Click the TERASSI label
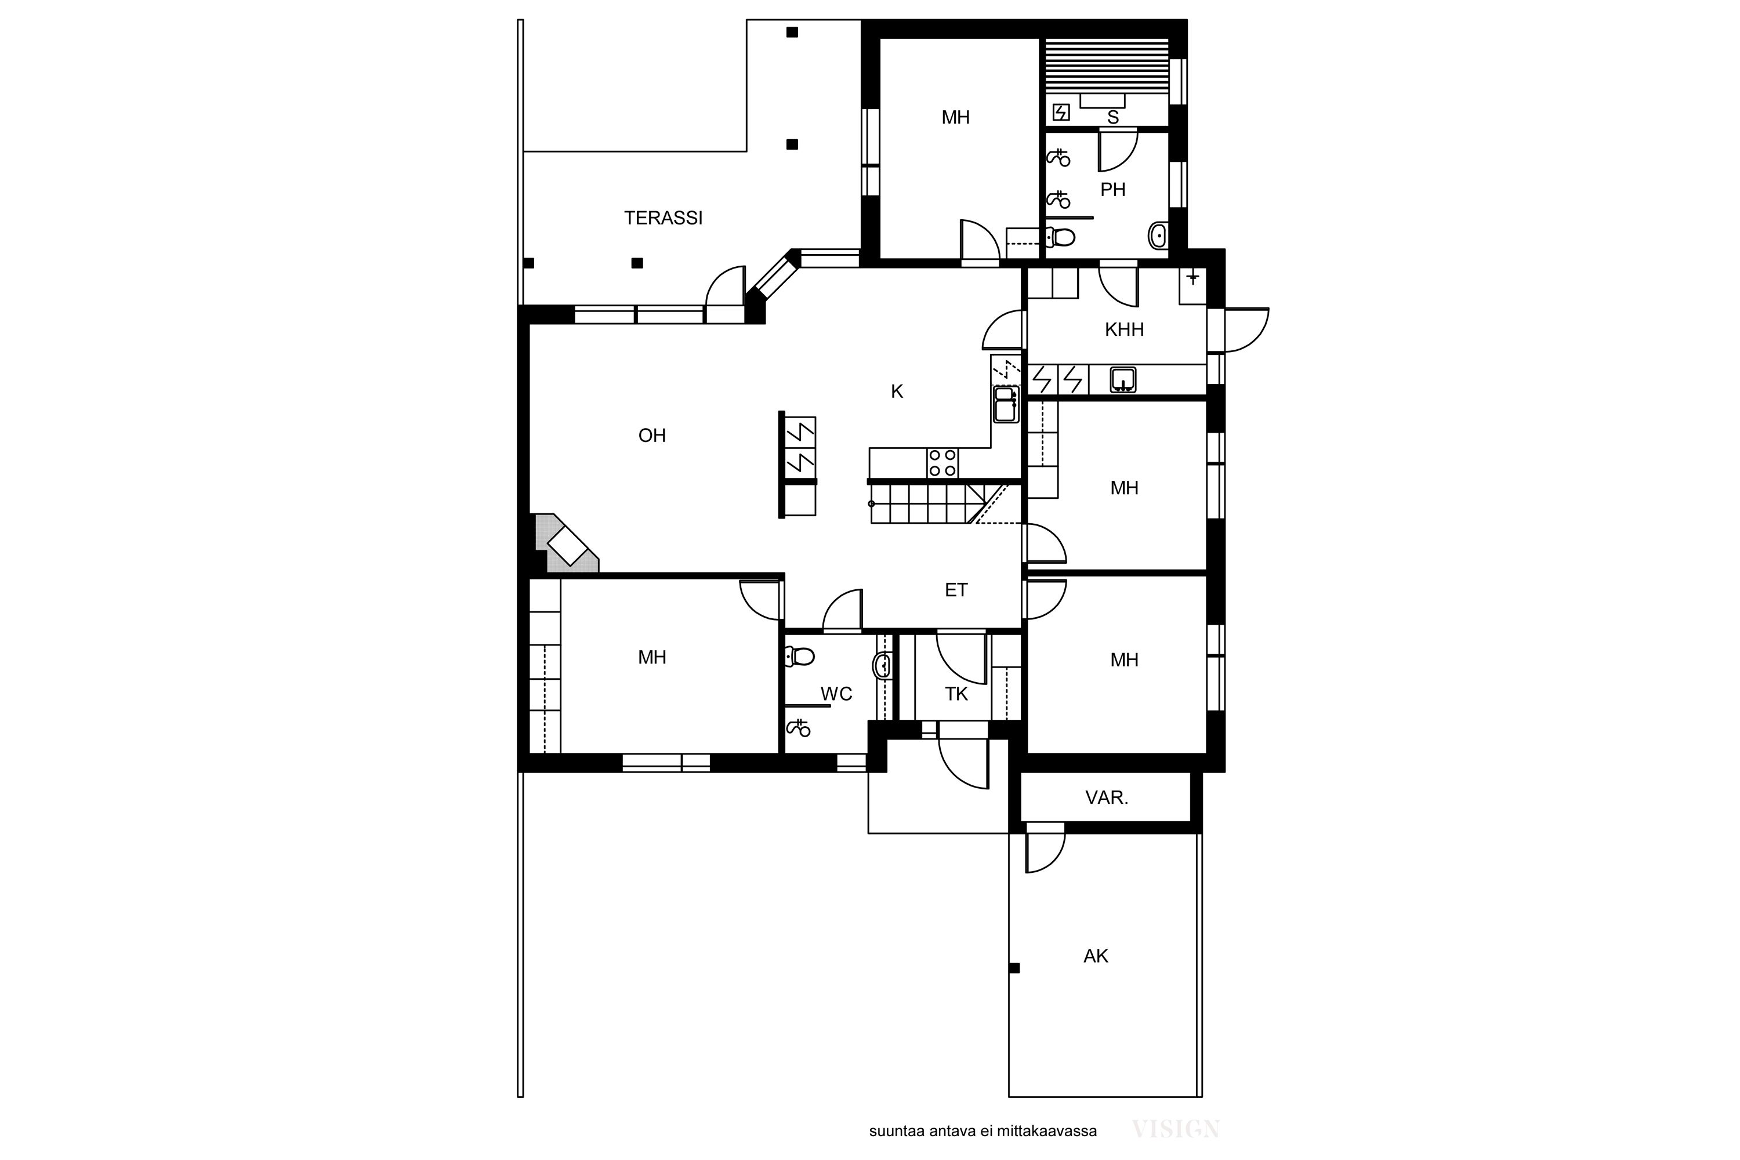point(663,218)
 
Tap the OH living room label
point(652,436)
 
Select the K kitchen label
point(897,392)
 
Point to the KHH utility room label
point(1124,330)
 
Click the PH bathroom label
point(1112,190)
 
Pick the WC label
point(836,694)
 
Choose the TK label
point(956,694)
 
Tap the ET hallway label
point(956,590)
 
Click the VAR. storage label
point(1106,797)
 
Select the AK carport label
point(1096,956)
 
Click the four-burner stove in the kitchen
point(942,463)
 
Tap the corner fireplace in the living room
point(567,544)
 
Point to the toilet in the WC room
point(799,656)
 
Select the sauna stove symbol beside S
point(1061,113)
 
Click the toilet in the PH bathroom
point(1060,237)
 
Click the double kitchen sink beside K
point(1005,405)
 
